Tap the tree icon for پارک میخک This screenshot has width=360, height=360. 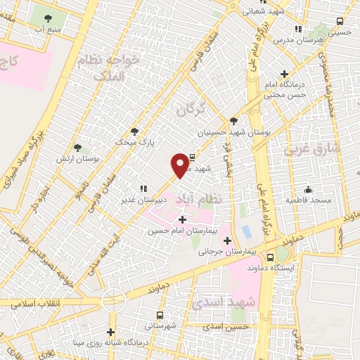coord(134,131)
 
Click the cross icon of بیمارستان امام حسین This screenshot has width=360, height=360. coord(182,220)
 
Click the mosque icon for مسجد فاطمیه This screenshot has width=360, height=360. coord(308,189)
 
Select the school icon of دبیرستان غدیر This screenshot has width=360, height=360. coord(143,188)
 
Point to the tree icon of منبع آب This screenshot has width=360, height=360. coord(48,19)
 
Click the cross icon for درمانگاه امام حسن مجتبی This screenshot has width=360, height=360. coord(284,74)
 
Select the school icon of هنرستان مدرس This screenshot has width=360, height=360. coord(298,30)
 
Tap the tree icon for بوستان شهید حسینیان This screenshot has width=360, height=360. coord(233,121)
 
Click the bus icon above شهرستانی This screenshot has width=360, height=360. coord(160,316)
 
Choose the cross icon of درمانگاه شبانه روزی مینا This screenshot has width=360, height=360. coord(110,332)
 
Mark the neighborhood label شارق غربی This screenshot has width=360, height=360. coord(311,148)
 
